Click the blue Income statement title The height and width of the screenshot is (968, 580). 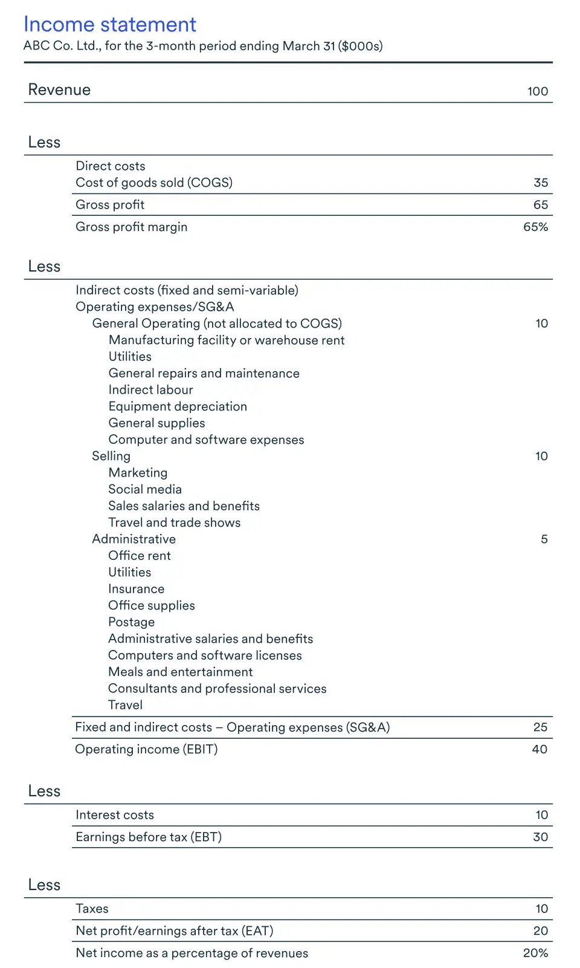(x=109, y=25)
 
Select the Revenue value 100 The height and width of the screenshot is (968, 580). (x=537, y=91)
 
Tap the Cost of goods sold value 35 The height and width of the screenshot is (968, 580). (x=541, y=183)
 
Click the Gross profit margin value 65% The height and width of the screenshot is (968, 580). (x=535, y=227)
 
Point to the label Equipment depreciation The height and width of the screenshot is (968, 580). (x=178, y=406)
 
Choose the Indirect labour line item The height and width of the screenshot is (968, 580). (x=150, y=390)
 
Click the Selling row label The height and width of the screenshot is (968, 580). (x=111, y=456)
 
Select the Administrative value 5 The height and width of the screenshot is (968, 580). (x=544, y=539)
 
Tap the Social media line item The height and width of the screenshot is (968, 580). (x=145, y=489)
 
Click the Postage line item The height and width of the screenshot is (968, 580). (x=131, y=622)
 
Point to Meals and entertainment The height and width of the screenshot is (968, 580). (x=180, y=672)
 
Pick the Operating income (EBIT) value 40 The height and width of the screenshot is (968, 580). (x=540, y=749)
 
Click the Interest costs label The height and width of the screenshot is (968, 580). (x=115, y=815)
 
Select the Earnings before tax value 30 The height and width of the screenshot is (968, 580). (x=540, y=837)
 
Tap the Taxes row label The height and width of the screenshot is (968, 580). (x=92, y=909)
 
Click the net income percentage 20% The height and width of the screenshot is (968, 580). (x=535, y=953)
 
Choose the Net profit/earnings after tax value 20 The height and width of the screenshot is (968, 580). (x=540, y=931)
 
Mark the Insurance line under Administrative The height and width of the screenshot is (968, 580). (x=136, y=589)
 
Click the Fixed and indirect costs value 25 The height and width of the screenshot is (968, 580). (x=540, y=727)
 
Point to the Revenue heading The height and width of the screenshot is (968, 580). (x=59, y=90)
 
